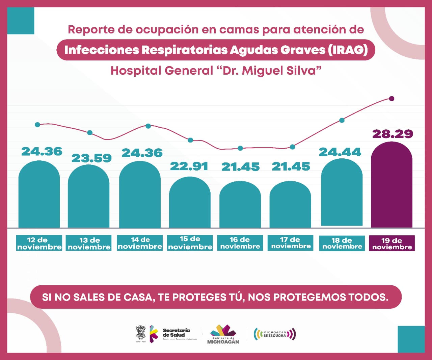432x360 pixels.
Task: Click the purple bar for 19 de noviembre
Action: point(391,186)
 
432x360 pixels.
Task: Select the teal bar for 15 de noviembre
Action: point(190,203)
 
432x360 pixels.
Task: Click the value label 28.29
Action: point(393,134)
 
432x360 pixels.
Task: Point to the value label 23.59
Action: point(91,158)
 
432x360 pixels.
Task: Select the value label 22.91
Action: point(189,166)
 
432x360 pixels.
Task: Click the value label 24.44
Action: point(340,152)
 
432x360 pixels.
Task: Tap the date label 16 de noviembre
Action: point(240,243)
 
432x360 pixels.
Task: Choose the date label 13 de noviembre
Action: point(89,243)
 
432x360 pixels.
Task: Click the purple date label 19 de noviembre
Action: point(392,243)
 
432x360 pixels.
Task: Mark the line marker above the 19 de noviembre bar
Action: point(391,99)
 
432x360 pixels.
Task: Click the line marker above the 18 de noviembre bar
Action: point(342,120)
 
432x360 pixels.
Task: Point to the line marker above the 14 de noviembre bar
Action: point(148,126)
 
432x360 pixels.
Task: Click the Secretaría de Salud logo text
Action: point(176,333)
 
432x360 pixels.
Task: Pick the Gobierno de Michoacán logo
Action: point(223,334)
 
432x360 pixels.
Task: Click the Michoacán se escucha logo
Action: point(275,334)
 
